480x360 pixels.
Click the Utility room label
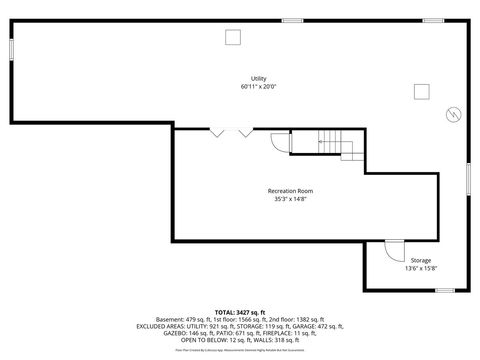point(258,79)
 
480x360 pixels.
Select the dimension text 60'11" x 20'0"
point(258,87)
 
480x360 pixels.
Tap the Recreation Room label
point(290,191)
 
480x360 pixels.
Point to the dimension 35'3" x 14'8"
point(290,199)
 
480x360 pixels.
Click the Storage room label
point(421,260)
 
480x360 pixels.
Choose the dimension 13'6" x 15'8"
point(421,268)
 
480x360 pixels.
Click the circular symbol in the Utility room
point(453,114)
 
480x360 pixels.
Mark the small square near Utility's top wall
point(233,37)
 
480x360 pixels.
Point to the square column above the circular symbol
point(421,93)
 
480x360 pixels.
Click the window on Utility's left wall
point(11,49)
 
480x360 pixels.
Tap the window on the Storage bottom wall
point(444,291)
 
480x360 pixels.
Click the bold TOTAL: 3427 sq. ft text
point(241,312)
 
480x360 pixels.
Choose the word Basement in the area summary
point(170,319)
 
